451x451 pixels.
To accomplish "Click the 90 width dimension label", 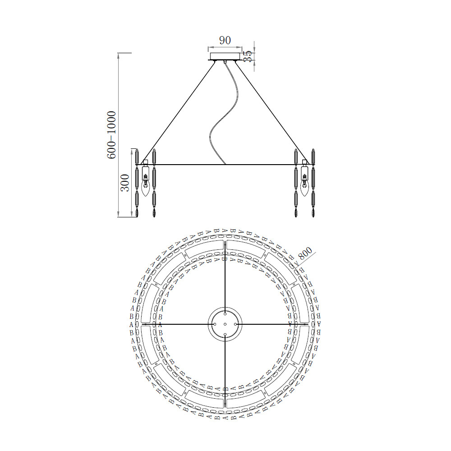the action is [225, 40].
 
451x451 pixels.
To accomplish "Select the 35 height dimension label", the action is [248, 56].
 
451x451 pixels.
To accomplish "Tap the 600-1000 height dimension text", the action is [111, 135].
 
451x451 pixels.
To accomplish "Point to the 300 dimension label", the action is [125, 183].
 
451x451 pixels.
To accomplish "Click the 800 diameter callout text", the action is [305, 253].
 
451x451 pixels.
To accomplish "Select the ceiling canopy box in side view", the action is [225, 56].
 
